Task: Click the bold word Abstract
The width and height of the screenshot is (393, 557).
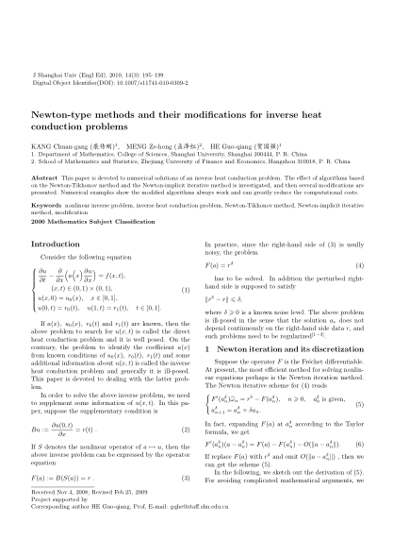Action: (45, 176)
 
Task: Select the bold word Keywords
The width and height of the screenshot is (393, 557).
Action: (48, 203)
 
